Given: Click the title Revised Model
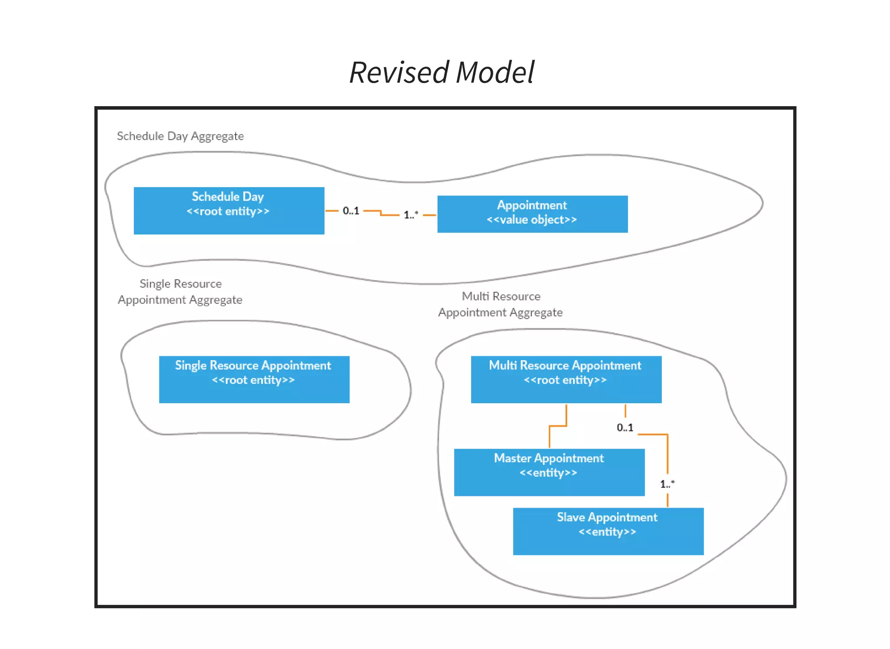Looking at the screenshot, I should point(442,72).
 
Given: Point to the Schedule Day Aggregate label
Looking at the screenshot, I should point(180,136).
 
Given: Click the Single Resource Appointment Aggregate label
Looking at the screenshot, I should point(180,292).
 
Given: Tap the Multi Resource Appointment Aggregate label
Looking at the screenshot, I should point(500,304).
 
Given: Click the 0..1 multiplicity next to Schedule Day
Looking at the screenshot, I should point(351,211).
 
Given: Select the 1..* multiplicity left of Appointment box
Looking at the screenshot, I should point(411,214).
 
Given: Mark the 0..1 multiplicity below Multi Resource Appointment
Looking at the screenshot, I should point(624,428).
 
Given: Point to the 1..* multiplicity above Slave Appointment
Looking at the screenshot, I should point(667,484).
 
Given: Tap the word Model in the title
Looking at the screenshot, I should point(495,72).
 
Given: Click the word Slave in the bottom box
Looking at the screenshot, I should point(571,517).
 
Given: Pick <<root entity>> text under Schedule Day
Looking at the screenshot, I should point(228,211).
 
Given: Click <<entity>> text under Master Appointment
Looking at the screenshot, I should point(548,473).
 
